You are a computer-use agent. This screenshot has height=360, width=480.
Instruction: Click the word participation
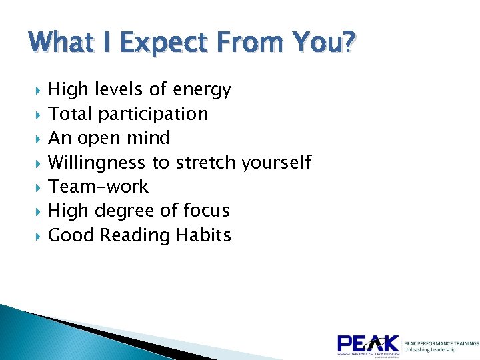coord(153,114)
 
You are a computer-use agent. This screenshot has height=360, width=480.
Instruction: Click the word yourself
coord(277,163)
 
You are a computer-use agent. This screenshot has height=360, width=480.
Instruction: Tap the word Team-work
coord(99,187)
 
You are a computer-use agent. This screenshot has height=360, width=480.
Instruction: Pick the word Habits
coord(204,235)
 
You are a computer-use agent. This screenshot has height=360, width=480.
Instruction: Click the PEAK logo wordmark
coord(368,344)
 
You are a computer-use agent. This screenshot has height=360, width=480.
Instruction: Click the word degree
coord(123,211)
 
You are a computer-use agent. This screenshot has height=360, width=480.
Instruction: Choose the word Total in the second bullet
coord(71,114)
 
